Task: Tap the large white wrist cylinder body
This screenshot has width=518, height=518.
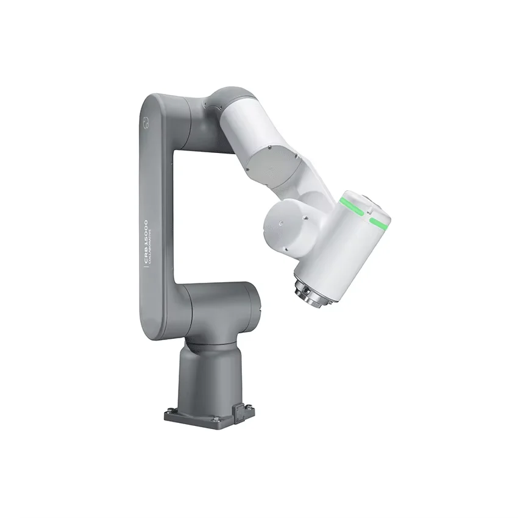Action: (x=341, y=244)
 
